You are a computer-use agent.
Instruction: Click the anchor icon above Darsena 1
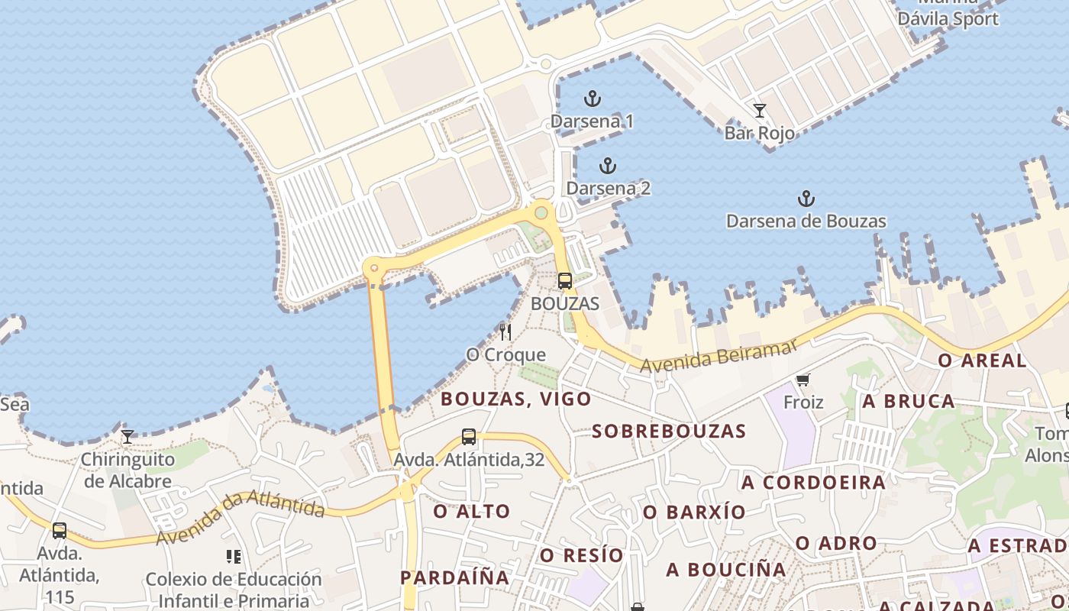tap(592, 99)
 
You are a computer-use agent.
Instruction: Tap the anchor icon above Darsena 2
tap(608, 166)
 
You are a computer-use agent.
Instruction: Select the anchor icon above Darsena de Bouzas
tap(806, 199)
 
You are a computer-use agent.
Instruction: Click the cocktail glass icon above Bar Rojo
tap(759, 111)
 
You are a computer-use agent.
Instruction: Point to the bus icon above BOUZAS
tap(564, 281)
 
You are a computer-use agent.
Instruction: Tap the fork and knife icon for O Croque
tap(505, 331)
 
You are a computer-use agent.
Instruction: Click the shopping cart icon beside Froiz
tap(803, 380)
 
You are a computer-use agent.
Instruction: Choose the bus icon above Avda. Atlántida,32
tap(469, 437)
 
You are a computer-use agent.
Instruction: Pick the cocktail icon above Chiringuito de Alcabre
tap(128, 437)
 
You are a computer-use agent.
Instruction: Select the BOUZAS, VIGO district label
tap(516, 399)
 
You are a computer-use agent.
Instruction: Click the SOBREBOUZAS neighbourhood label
tap(669, 431)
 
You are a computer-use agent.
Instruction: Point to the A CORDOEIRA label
tap(813, 483)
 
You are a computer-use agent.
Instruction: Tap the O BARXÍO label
tap(694, 512)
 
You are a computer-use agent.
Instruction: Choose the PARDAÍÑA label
tap(455, 577)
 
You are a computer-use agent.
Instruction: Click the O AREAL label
tap(982, 360)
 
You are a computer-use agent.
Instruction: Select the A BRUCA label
tap(908, 401)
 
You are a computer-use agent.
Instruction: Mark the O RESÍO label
tap(582, 555)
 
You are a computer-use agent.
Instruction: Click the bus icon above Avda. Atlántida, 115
tap(60, 530)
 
